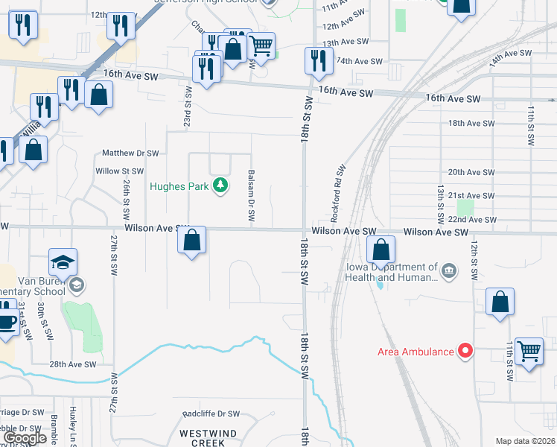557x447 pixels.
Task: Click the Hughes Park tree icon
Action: click(220, 186)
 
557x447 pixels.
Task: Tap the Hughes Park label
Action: click(179, 186)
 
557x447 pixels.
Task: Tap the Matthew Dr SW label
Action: click(131, 153)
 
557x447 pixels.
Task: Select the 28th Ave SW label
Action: click(73, 364)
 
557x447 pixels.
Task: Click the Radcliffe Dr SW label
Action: click(211, 414)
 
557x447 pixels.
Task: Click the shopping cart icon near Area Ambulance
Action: click(528, 350)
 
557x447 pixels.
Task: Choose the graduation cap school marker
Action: click(63, 262)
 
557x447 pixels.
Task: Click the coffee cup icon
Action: click(7, 323)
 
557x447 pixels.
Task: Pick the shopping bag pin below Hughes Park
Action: click(192, 241)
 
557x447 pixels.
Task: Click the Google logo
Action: click(25, 439)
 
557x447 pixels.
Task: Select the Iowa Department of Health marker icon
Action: click(448, 270)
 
